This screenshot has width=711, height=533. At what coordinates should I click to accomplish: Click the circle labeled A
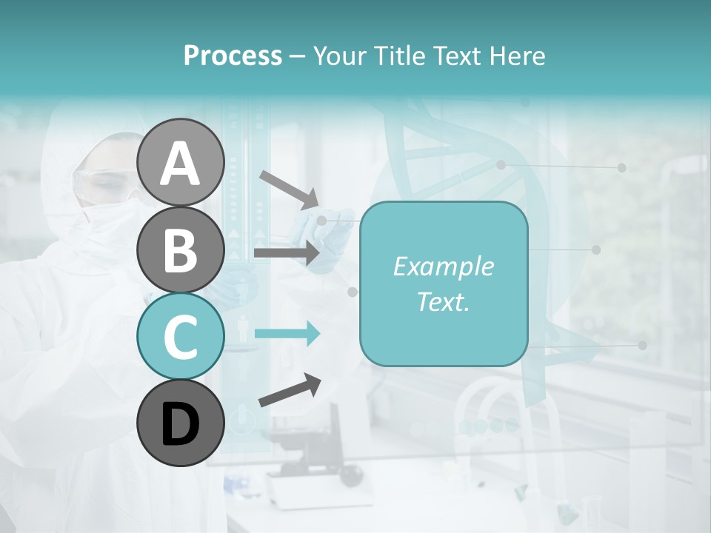click(180, 163)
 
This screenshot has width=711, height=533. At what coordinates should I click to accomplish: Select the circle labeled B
click(180, 249)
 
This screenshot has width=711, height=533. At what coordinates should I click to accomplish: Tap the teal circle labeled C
click(180, 335)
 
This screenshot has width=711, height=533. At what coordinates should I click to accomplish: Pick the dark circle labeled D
click(180, 423)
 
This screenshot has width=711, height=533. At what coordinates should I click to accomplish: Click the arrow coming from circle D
click(290, 390)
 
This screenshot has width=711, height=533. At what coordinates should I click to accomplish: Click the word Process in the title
click(233, 56)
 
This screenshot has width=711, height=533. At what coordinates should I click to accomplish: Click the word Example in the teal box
click(443, 266)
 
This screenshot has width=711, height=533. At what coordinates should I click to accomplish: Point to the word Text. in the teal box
click(443, 301)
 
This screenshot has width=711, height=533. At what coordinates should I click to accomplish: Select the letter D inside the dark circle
click(180, 423)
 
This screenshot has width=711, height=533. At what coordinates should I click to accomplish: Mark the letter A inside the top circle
click(180, 164)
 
